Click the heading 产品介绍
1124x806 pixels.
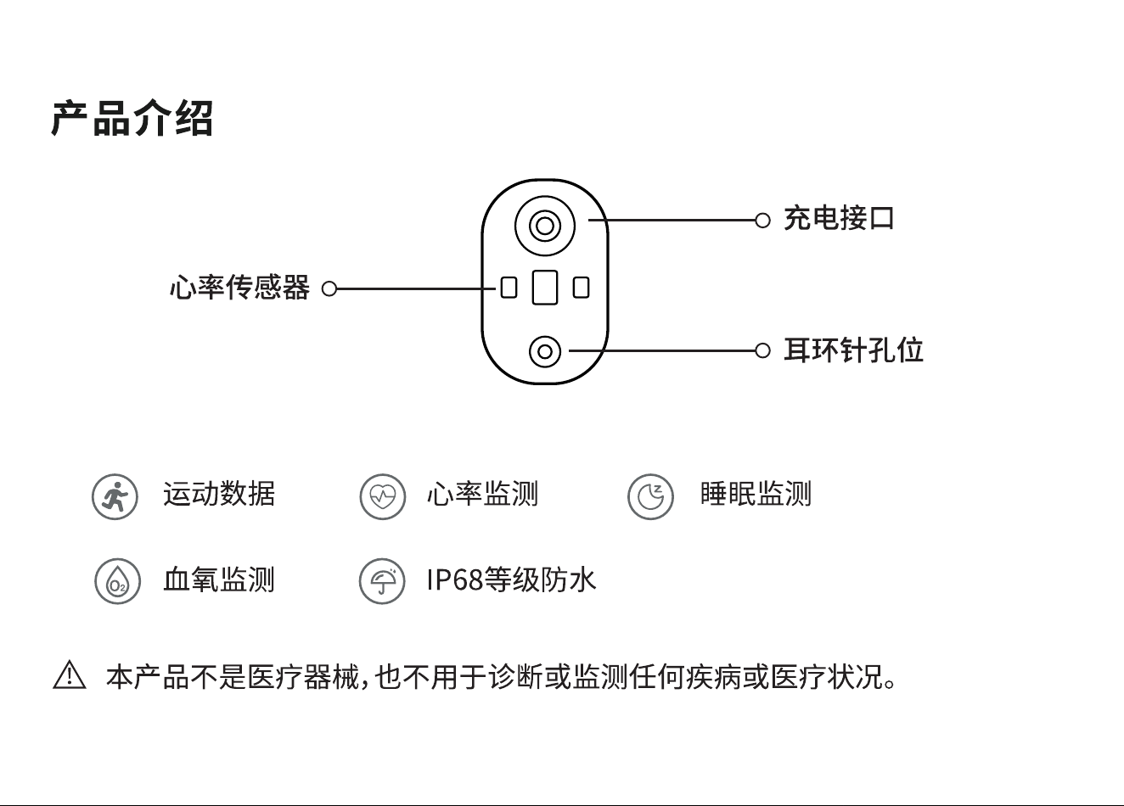(132, 119)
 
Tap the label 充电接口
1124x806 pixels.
(839, 218)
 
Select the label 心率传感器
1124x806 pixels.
(240, 288)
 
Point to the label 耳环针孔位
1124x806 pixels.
(853, 350)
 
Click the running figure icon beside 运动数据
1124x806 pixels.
(115, 496)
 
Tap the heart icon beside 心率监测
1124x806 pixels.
(382, 496)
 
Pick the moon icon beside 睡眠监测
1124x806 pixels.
(650, 496)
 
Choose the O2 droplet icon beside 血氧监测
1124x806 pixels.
(117, 581)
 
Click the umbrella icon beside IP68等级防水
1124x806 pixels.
(382, 581)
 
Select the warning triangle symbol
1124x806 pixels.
(70, 675)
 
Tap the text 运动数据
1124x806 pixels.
(219, 494)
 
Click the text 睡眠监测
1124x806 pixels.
(756, 494)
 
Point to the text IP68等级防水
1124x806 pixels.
(511, 579)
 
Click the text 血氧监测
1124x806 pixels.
(219, 579)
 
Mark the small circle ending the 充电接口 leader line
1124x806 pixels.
(762, 221)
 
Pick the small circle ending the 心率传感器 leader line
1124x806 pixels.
(329, 289)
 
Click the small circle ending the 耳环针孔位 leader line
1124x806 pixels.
(762, 350)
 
